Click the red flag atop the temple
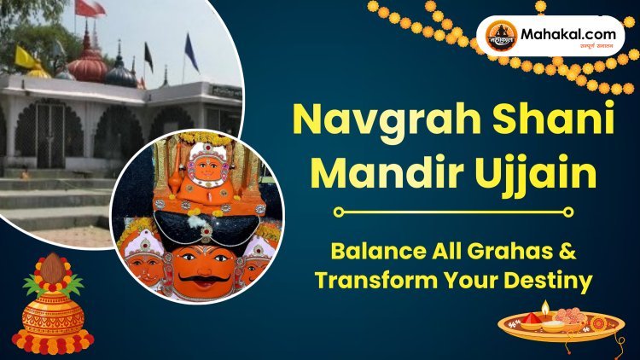coord(88,9)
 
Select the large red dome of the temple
coord(88,66)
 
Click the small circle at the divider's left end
coord(338,212)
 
